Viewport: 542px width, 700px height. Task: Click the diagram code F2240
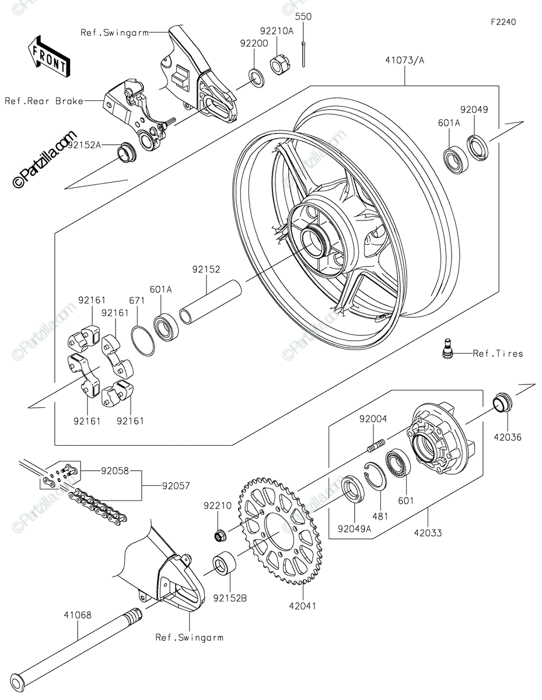tap(503, 22)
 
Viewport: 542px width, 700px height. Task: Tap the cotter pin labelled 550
tap(303, 54)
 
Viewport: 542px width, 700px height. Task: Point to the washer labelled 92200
tap(256, 78)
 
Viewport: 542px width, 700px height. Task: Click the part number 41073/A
tap(405, 60)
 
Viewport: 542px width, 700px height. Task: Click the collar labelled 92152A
tap(127, 152)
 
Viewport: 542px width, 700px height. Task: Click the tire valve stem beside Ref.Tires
tap(447, 348)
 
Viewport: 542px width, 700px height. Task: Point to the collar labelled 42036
tap(502, 402)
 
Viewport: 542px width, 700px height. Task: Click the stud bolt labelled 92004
tap(376, 446)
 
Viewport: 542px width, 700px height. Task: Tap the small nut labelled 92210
tap(221, 535)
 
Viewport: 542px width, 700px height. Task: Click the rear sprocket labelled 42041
tap(280, 531)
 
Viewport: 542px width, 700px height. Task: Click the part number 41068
tap(78, 615)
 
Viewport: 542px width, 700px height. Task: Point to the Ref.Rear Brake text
tap(44, 101)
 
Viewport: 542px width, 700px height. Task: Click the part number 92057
tap(176, 485)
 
